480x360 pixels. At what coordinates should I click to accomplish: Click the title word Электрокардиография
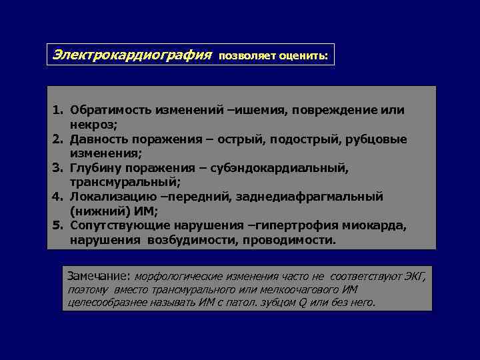tap(133, 55)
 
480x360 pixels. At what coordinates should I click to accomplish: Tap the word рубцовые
tap(377, 139)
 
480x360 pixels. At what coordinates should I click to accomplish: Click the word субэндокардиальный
tap(275, 168)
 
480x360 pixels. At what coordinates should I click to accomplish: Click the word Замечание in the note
tap(99, 275)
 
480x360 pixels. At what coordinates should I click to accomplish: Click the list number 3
tap(57, 168)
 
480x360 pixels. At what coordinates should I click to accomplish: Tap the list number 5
tap(57, 225)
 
